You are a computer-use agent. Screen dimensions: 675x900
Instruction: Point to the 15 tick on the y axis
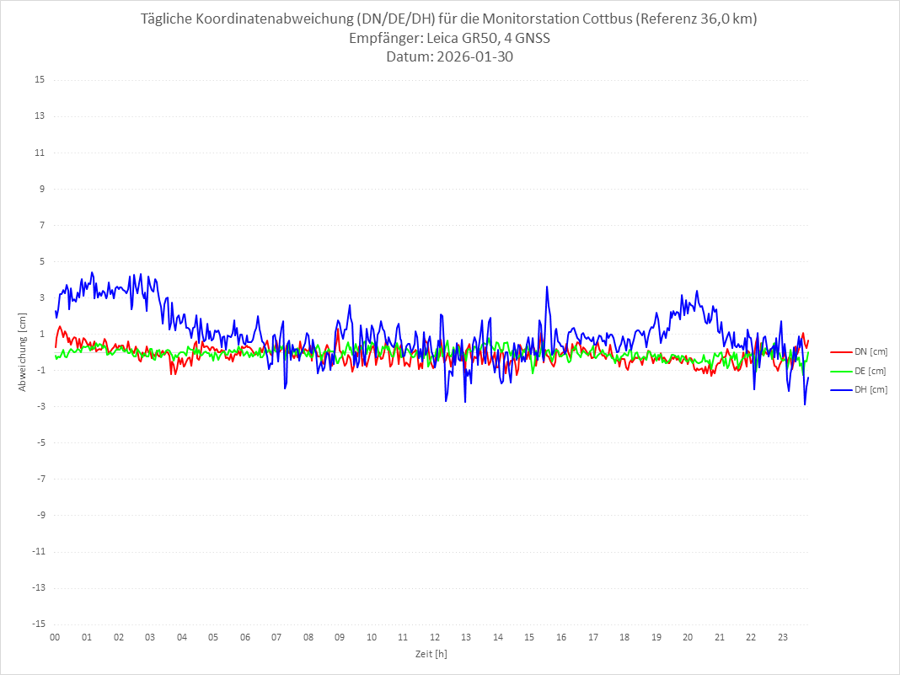point(40,80)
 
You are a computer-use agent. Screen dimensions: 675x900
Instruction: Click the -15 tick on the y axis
point(38,624)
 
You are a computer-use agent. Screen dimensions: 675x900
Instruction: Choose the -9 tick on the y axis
point(40,515)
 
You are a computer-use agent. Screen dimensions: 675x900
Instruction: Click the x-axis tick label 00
point(55,637)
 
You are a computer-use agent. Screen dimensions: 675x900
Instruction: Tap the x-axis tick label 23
point(783,637)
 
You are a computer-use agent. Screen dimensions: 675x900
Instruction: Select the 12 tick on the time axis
point(435,637)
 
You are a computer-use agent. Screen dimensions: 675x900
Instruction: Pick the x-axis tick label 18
point(624,637)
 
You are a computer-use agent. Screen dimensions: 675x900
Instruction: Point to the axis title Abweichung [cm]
point(23,351)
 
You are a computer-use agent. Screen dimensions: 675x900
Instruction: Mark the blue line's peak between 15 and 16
point(547,287)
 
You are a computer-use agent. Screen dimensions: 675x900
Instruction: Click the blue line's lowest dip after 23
point(805,404)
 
